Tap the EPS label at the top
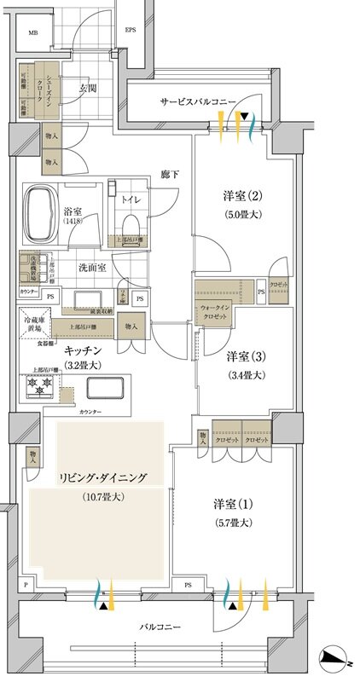[131, 30]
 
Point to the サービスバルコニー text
[198, 102]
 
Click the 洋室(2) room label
[229, 194]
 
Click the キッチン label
[83, 351]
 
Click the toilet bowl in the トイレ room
[131, 223]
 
